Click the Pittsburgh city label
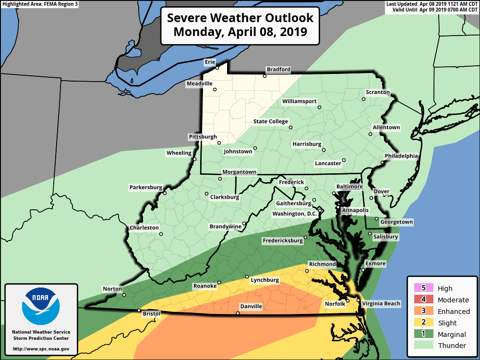(203, 137)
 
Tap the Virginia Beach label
(381, 304)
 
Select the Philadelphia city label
(401, 156)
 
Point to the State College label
(271, 121)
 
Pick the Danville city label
(251, 306)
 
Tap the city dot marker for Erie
(217, 68)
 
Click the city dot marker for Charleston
(161, 234)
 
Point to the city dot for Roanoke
(219, 283)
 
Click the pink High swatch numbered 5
(423, 288)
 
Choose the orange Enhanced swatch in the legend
(423, 312)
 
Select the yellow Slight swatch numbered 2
(423, 323)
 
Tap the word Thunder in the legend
(452, 346)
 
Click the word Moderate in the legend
(453, 300)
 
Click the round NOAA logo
(41, 306)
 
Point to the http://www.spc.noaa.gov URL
(41, 349)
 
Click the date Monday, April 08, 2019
(240, 32)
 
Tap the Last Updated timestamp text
(432, 4)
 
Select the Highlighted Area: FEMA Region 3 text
(40, 4)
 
